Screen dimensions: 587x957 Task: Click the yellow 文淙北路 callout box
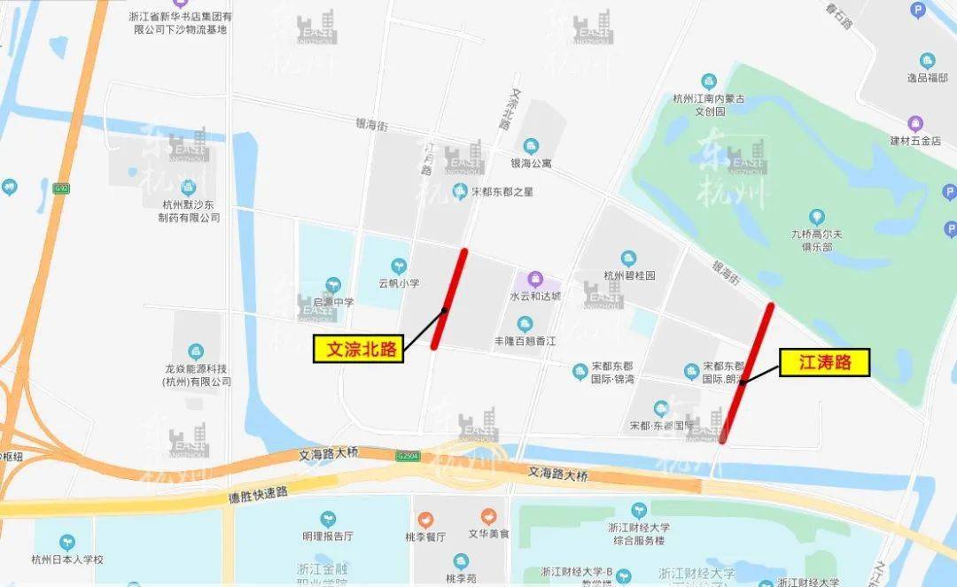pos(358,350)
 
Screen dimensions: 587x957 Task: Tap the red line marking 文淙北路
pos(449,298)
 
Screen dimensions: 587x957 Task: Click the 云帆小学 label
pos(399,283)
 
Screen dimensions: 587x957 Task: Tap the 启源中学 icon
pos(333,285)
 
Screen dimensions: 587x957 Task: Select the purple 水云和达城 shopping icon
pos(534,279)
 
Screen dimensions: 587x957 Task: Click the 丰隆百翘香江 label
pos(525,341)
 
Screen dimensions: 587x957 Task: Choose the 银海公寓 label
pos(531,164)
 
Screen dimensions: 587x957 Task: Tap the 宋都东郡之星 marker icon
pos(459,190)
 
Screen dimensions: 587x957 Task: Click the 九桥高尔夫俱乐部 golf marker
pos(816,217)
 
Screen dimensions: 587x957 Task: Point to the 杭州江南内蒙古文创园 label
pos(709,105)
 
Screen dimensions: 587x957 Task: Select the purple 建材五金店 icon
pos(916,123)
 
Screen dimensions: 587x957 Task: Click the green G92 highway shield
pos(60,188)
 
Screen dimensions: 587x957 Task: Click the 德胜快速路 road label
pos(258,492)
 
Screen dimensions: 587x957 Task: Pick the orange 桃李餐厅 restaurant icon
pos(426,517)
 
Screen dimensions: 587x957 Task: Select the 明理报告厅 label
pos(328,536)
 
